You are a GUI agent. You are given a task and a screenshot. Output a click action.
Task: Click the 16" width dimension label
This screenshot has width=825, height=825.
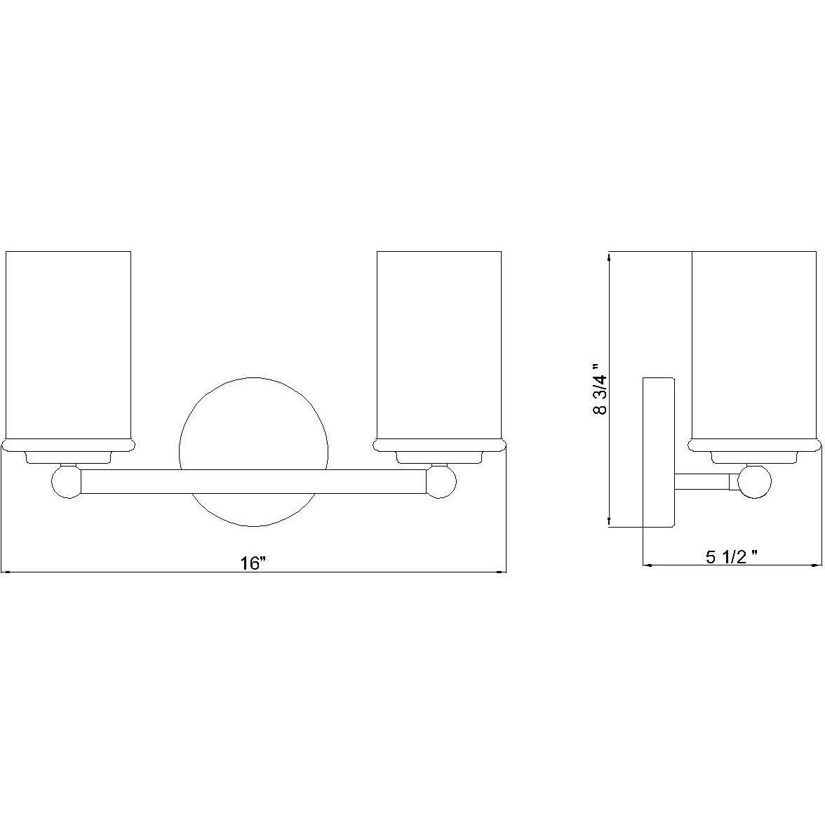click(254, 563)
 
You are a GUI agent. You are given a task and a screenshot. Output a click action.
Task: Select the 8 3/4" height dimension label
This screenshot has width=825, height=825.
click(598, 389)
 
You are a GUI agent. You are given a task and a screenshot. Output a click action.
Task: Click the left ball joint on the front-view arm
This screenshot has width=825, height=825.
click(66, 483)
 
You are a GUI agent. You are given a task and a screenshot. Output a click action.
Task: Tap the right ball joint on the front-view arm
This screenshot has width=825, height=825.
click(441, 483)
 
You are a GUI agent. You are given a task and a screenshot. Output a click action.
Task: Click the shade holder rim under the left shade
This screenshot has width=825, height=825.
click(68, 445)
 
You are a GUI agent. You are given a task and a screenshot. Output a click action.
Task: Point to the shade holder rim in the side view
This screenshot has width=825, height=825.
click(755, 445)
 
